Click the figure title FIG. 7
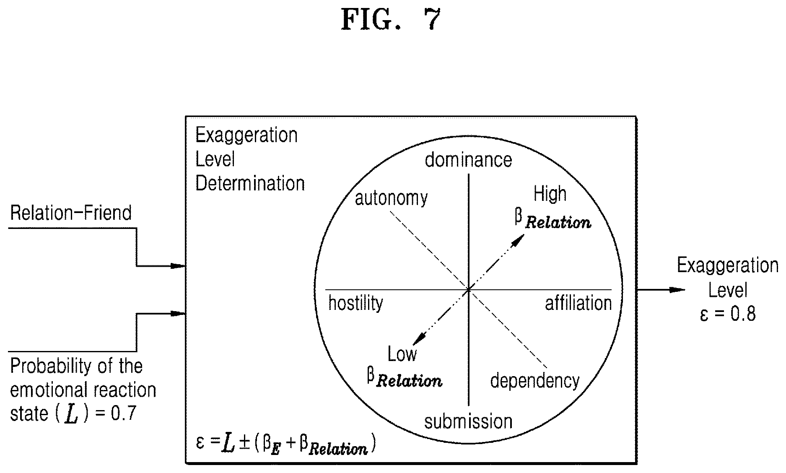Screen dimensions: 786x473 [x=391, y=19]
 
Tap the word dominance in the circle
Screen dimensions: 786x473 [x=468, y=160]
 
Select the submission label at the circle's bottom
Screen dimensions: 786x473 [x=468, y=421]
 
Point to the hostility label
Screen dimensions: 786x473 [x=355, y=303]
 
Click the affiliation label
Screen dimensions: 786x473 [x=578, y=303]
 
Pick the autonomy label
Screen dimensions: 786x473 [x=391, y=198]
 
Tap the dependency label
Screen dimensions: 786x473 [x=535, y=381]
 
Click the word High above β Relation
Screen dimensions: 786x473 [x=550, y=194]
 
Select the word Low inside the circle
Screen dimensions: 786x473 [x=402, y=354]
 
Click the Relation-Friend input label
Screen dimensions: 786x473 [x=71, y=213]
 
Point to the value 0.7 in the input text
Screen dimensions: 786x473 [x=124, y=414]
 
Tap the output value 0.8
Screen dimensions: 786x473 [x=743, y=314]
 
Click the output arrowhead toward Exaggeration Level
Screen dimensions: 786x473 [x=677, y=290]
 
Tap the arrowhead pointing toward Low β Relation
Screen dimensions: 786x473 [x=419, y=338]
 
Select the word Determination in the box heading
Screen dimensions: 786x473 [x=250, y=184]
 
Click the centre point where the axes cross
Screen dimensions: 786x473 [x=468, y=289]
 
